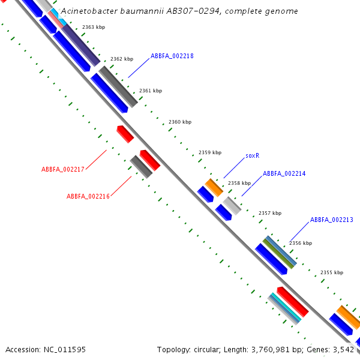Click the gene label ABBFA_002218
pos(172,56)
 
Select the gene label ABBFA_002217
pos(62,169)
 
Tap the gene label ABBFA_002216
pos(88,196)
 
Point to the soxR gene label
pos(252,155)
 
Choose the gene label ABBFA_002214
pos(284,173)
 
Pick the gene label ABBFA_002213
pos(331,220)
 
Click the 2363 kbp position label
pos(93,27)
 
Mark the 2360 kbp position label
pos(180,122)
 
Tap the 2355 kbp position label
pos(332,272)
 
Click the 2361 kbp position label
pos(151,91)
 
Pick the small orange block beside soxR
pos(214,187)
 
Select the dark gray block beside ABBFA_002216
pos(141,167)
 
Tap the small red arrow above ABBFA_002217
pos(125,133)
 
